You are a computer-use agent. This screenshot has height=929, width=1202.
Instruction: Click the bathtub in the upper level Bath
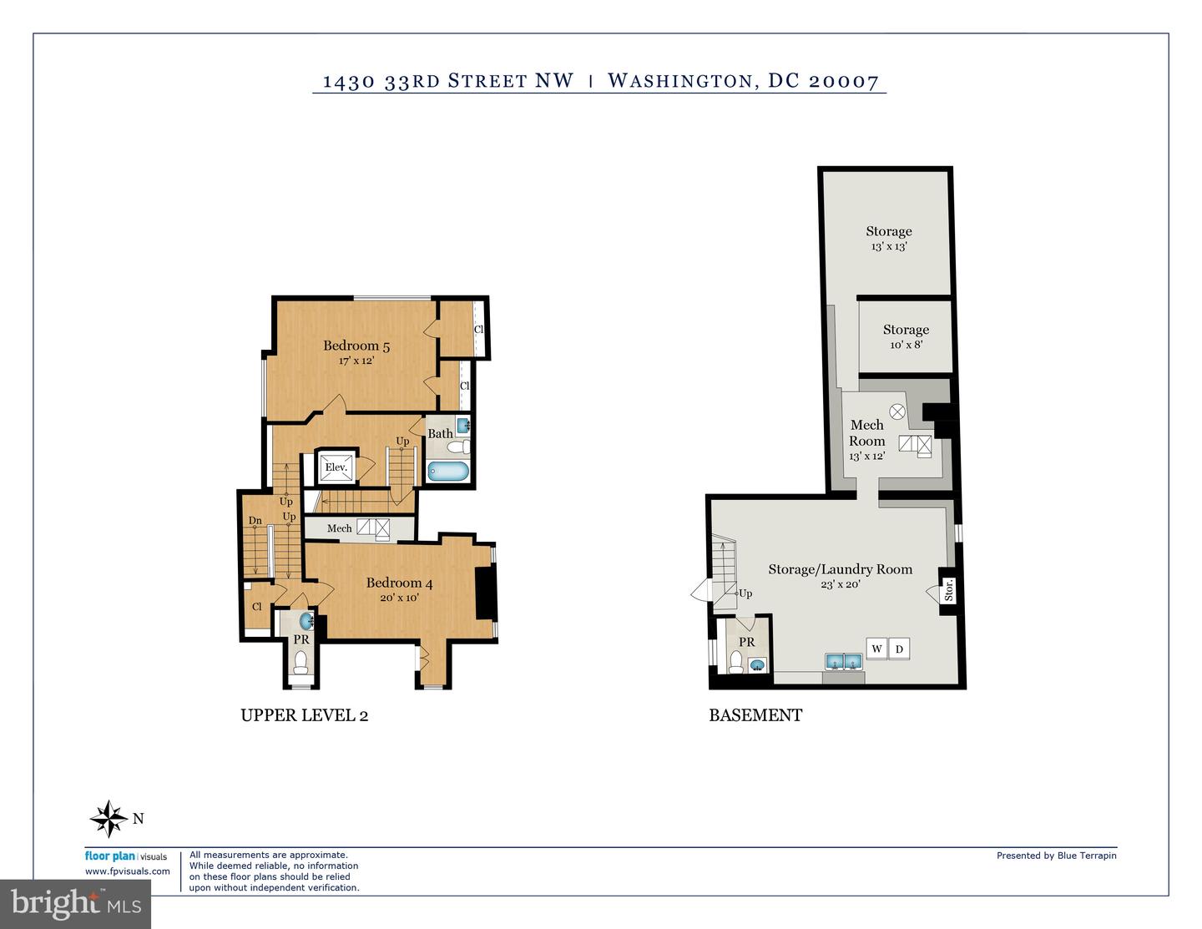(x=448, y=472)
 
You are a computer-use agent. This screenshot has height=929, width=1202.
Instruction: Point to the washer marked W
(x=876, y=649)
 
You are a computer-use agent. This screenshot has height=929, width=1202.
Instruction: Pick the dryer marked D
(x=900, y=649)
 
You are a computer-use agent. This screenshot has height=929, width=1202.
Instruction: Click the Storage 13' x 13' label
(x=889, y=238)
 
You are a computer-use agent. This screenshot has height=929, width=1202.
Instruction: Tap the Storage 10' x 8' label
(x=906, y=336)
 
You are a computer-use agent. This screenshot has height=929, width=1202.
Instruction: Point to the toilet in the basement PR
(x=736, y=663)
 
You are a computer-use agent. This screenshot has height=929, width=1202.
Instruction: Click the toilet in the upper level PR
(x=300, y=663)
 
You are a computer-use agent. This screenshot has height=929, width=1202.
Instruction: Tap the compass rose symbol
(x=109, y=818)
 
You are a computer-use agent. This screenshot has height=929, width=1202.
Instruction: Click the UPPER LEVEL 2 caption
(x=304, y=715)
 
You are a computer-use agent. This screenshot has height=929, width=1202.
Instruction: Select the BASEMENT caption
(x=755, y=715)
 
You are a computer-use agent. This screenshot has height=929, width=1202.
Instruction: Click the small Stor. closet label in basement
(x=948, y=590)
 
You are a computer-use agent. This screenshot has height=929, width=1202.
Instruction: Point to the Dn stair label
(x=255, y=520)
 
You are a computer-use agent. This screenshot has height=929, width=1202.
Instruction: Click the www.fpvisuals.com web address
(x=127, y=871)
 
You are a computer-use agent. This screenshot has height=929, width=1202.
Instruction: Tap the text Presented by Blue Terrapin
(x=1057, y=856)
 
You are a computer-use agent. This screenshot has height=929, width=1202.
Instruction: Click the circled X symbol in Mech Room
(x=897, y=411)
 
